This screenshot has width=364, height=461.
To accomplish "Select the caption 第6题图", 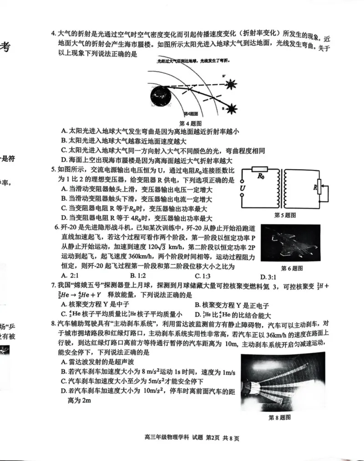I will (x=292, y=268).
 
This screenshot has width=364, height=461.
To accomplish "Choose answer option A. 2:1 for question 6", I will (x=71, y=276).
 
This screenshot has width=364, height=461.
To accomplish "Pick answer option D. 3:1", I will (x=269, y=277).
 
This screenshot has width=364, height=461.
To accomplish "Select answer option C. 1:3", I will (x=203, y=276).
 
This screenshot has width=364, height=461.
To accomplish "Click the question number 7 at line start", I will (x=53, y=285).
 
